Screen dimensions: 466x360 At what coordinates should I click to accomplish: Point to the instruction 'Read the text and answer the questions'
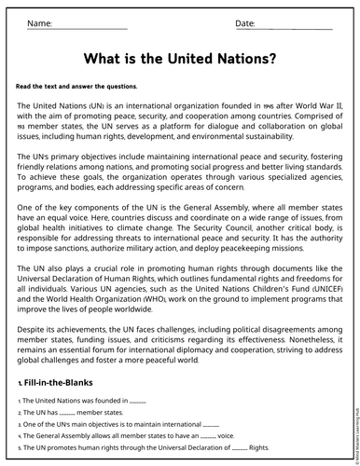(76, 86)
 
